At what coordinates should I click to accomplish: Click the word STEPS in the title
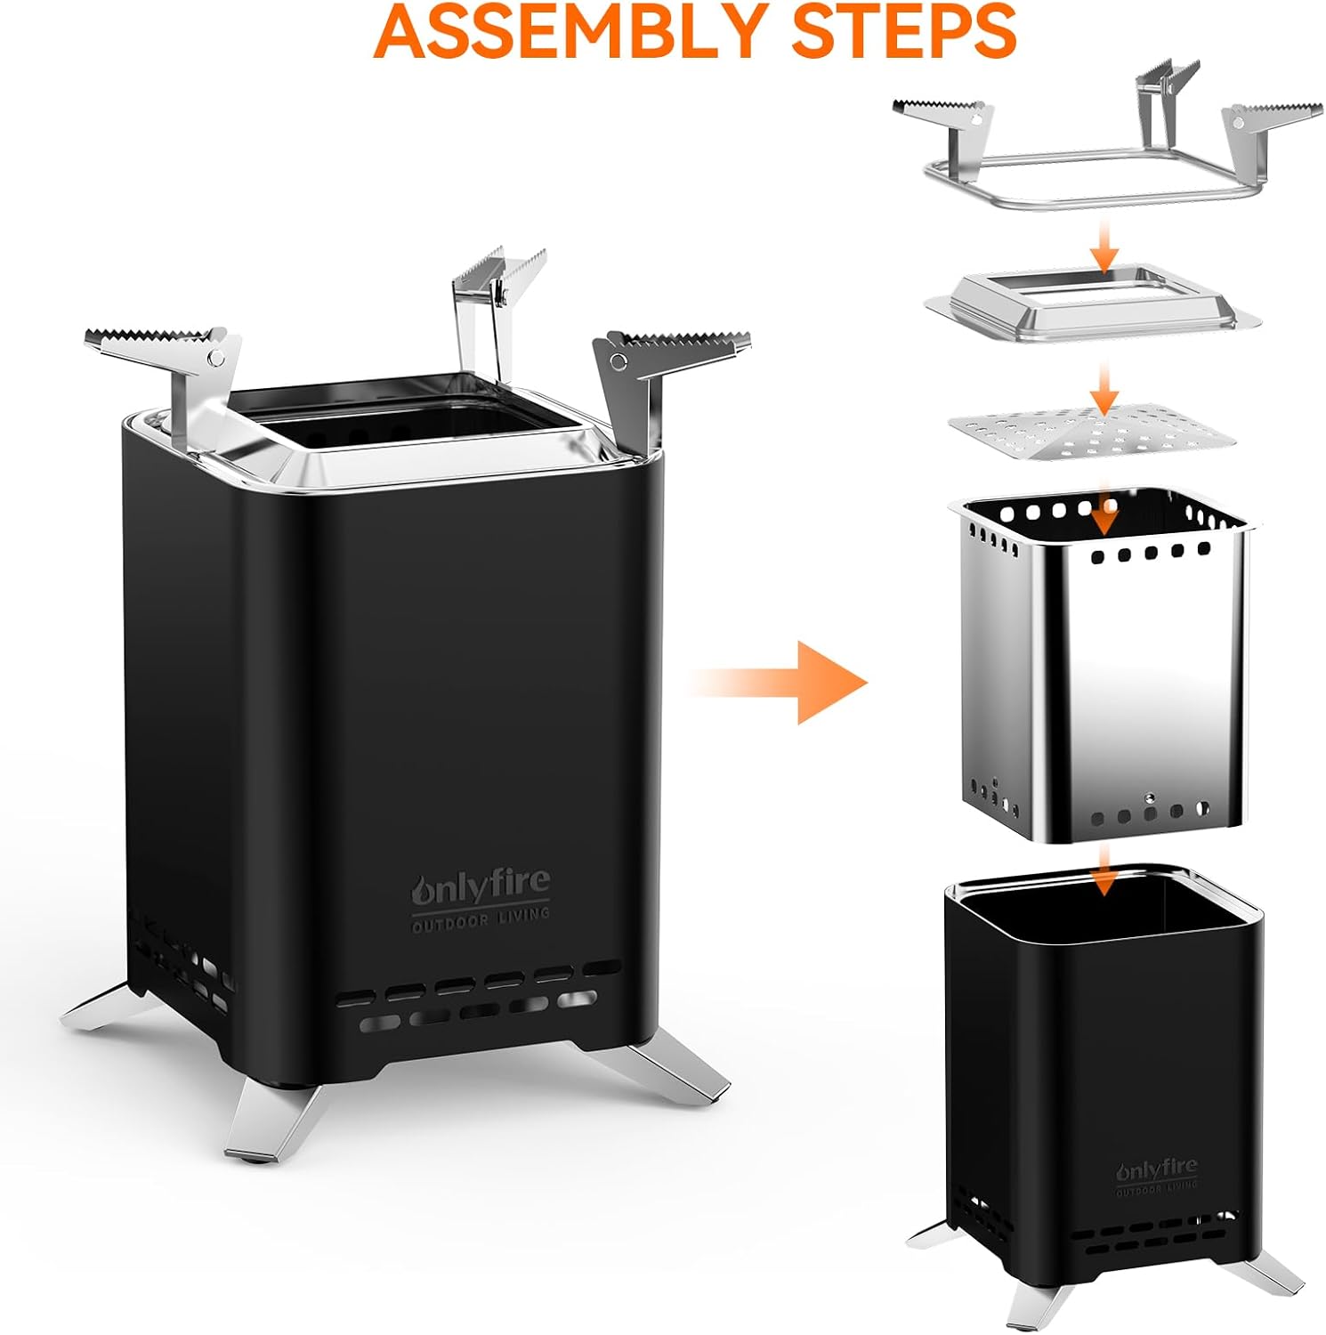click(904, 30)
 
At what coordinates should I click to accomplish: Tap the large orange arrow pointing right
click(780, 683)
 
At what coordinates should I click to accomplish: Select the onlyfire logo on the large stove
click(481, 887)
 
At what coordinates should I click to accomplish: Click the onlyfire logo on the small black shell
click(1157, 1169)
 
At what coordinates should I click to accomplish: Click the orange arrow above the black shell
click(1104, 870)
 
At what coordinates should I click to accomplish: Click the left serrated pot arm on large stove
click(169, 365)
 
